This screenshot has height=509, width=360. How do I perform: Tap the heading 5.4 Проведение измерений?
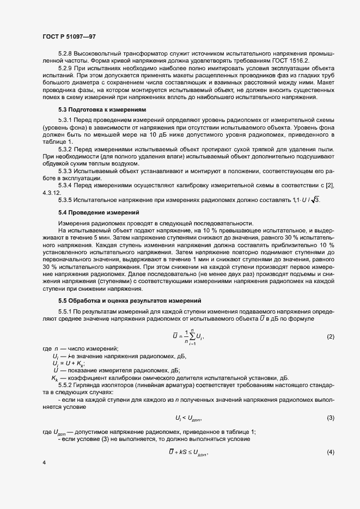coord(99,211)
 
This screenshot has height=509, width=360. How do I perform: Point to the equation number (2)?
coord(330,337)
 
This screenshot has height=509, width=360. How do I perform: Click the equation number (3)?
coord(330,418)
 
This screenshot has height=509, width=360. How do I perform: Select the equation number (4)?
coord(330,453)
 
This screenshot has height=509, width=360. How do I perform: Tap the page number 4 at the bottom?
coord(44,462)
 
